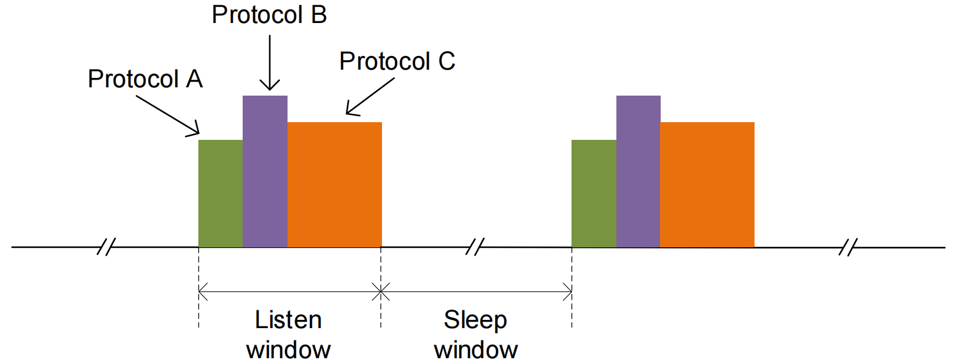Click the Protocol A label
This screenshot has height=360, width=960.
pyautogui.click(x=145, y=79)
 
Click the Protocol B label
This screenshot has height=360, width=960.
pyautogui.click(x=269, y=15)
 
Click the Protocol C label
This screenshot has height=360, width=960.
pyautogui.click(x=397, y=61)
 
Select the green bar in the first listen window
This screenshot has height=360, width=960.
pyautogui.click(x=220, y=194)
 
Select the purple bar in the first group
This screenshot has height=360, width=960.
pyautogui.click(x=265, y=171)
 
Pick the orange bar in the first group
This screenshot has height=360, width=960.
pyautogui.click(x=335, y=184)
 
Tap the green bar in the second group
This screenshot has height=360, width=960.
pyautogui.click(x=593, y=194)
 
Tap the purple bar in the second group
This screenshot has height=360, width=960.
pyautogui.click(x=638, y=171)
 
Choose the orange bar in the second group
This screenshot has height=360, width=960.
pyautogui.click(x=707, y=184)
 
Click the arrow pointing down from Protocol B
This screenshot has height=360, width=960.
pyautogui.click(x=270, y=62)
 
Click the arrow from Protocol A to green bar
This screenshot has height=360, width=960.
pyautogui.click(x=168, y=115)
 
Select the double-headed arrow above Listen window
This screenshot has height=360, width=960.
pyautogui.click(x=289, y=292)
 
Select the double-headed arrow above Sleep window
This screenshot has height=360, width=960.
pyautogui.click(x=476, y=292)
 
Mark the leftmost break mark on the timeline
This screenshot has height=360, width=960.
pyautogui.click(x=106, y=247)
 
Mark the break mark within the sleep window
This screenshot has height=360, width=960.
pyautogui.click(x=475, y=247)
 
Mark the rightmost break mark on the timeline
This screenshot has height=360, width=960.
pyautogui.click(x=847, y=247)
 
